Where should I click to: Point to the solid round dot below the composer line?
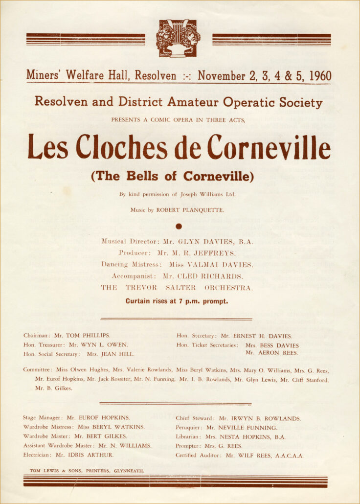pos(179,226)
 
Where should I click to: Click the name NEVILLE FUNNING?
pos(249,428)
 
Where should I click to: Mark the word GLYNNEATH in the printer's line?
pos(129,470)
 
